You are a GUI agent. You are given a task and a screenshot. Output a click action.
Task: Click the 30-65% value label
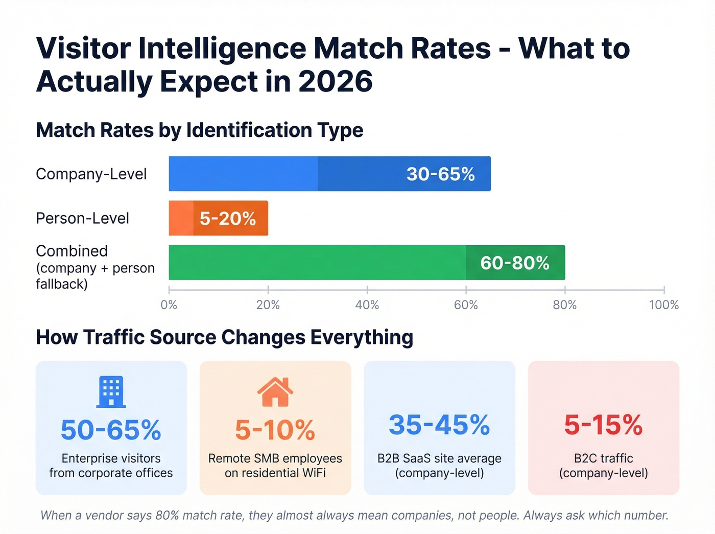point(440,174)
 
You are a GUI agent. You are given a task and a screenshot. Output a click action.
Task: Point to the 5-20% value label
point(227,219)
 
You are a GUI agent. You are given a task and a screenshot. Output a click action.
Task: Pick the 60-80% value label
point(514,263)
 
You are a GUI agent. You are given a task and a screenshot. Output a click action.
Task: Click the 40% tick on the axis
point(367,305)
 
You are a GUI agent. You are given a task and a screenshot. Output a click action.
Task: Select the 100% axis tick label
point(663,305)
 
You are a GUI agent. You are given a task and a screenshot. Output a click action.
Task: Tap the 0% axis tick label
point(169,305)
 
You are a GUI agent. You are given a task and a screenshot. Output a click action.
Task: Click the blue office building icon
point(111,392)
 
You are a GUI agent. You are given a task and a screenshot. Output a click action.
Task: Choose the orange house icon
point(275,392)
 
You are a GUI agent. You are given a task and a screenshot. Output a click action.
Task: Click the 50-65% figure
point(111,430)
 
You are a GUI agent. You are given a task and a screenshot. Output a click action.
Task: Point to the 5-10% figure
point(275,430)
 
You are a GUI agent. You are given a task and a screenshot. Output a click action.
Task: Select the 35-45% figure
point(439,425)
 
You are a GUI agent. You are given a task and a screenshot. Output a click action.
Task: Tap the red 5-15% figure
point(603,425)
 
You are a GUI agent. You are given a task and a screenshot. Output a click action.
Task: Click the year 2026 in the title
point(335,82)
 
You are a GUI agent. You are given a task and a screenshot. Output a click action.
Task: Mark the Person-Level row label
point(82,218)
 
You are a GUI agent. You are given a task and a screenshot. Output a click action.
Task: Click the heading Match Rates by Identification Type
point(199,130)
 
